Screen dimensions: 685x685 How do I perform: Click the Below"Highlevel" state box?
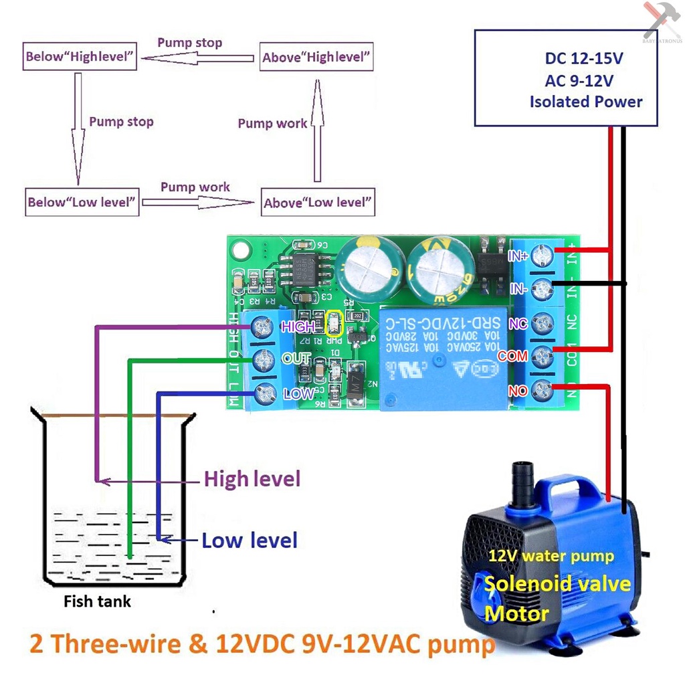point(80,57)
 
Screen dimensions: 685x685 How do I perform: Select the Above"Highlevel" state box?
point(316,58)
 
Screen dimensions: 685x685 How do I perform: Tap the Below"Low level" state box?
point(82,201)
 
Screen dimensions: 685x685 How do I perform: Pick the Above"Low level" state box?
point(318,202)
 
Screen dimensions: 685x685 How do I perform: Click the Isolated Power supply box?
point(566,78)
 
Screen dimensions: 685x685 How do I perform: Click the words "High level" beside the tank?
point(252,479)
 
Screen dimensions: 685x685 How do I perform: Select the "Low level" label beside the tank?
point(250,540)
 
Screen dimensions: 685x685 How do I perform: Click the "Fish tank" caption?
point(97,601)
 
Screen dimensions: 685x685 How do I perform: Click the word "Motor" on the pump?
point(516,613)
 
